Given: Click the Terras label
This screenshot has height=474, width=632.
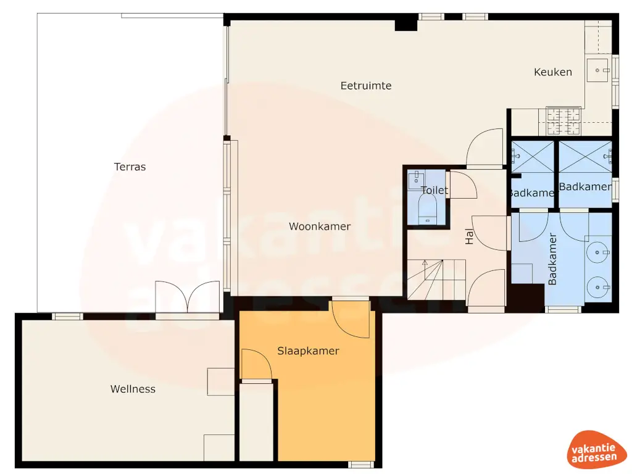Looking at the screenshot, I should pyautogui.click(x=130, y=167).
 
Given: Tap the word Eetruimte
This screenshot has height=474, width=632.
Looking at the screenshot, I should pyautogui.click(x=366, y=86).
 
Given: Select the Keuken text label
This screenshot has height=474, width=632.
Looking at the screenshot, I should pyautogui.click(x=552, y=72).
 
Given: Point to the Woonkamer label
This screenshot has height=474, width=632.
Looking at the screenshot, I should pyautogui.click(x=320, y=227).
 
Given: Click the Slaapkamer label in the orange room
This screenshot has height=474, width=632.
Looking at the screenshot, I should pyautogui.click(x=308, y=351).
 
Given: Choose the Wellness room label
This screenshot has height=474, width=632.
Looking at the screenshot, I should pyautogui.click(x=133, y=389).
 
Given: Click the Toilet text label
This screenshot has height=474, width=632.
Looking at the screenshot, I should pyautogui.click(x=434, y=191).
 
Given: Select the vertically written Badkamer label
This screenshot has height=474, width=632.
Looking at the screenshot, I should pyautogui.click(x=552, y=259).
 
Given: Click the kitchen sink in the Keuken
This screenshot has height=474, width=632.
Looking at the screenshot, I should pyautogui.click(x=597, y=70).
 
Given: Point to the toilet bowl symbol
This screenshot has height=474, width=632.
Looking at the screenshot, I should pyautogui.click(x=427, y=207).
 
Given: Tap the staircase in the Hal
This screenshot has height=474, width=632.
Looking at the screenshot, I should pyautogui.click(x=435, y=279).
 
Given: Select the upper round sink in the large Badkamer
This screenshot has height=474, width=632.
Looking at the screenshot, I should pyautogui.click(x=598, y=251).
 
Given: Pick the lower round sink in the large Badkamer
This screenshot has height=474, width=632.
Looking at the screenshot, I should pyautogui.click(x=598, y=286).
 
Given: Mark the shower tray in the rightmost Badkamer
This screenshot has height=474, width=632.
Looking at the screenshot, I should pyautogui.click(x=584, y=157).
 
